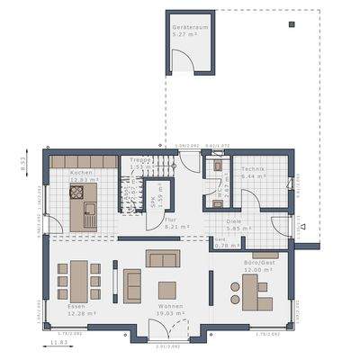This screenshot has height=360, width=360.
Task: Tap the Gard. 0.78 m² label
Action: click(x=220, y=242)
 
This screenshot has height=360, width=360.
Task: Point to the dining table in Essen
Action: click(x=78, y=280)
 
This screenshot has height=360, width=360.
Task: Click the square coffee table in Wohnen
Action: click(x=167, y=289)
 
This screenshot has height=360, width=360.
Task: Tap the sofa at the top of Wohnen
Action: click(x=163, y=259)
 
